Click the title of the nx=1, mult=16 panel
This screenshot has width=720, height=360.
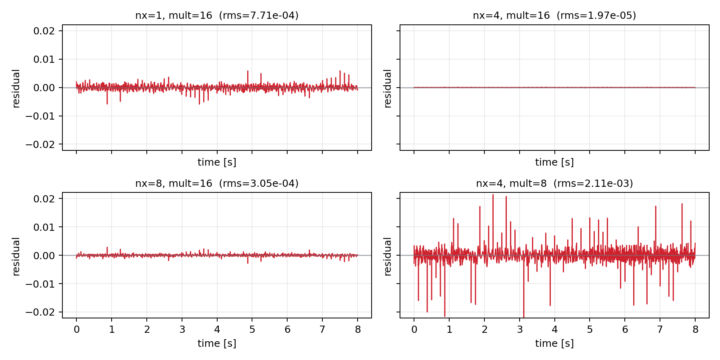[x=217, y=16]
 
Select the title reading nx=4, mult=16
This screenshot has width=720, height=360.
[x=554, y=16]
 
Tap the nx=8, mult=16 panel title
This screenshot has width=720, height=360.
[x=217, y=184]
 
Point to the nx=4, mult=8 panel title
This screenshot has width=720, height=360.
[x=554, y=184]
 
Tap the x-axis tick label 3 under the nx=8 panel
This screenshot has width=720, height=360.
[x=182, y=330]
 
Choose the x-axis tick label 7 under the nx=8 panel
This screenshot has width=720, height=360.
[x=322, y=330]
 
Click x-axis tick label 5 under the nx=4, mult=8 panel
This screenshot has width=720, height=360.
[x=590, y=330]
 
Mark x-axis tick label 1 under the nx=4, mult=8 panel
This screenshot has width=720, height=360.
[x=449, y=330]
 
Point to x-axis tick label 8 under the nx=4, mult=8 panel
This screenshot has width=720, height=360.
[x=695, y=330]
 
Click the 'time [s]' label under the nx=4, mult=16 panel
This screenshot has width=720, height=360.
[x=554, y=162]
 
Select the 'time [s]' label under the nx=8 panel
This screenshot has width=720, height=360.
[x=217, y=343]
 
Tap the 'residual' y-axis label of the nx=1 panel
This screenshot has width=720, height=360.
[x=16, y=88]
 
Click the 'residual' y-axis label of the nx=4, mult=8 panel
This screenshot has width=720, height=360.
[x=388, y=256]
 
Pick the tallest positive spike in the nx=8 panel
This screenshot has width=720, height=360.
[x=107, y=248]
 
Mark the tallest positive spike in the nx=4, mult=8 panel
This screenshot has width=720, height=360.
[x=493, y=195]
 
